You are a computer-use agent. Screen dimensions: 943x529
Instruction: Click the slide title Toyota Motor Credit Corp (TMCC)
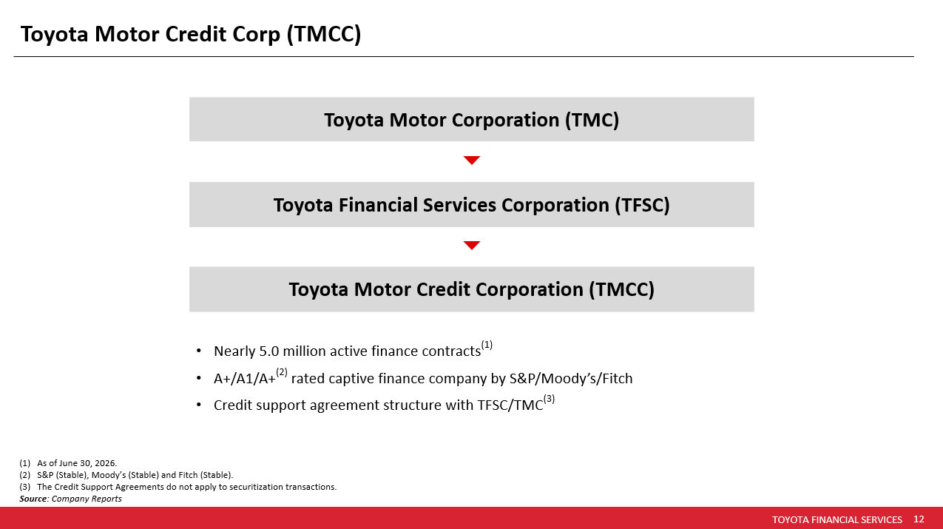tap(191, 34)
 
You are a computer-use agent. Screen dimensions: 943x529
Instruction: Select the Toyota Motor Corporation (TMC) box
tap(472, 119)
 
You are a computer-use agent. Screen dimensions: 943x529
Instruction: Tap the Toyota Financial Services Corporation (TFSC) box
tap(472, 205)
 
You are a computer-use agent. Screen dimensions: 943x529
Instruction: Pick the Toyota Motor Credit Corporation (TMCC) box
tap(472, 289)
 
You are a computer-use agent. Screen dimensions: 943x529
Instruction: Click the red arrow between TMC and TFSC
tap(472, 160)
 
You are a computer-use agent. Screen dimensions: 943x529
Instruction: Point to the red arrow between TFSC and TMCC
tap(472, 245)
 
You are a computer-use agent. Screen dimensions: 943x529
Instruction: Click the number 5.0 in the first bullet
tap(268, 351)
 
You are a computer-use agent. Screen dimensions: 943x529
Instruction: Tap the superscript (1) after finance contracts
tap(487, 345)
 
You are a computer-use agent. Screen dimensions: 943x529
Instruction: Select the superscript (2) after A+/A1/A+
tap(282, 372)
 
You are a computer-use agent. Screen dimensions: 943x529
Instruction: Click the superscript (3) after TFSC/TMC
tap(549, 399)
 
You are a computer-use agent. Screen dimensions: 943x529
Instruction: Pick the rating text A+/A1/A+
tap(245, 379)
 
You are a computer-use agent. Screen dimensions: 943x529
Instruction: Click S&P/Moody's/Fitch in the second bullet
tap(571, 379)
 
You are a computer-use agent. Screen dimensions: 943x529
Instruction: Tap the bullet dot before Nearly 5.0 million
tap(199, 351)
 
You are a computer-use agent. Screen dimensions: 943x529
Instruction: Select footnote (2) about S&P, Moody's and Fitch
tap(126, 475)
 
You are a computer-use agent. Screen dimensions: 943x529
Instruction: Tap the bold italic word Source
tap(33, 499)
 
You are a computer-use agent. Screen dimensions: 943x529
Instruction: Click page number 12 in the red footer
tap(919, 519)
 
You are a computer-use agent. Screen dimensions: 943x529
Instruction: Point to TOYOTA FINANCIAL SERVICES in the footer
tap(837, 519)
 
